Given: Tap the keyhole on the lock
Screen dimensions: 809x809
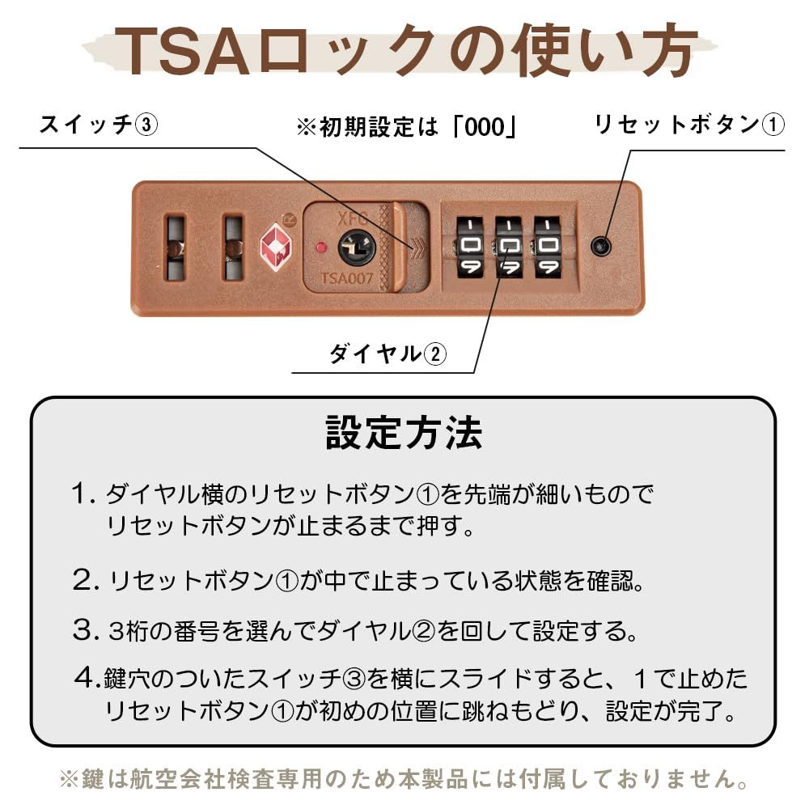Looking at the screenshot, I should click(353, 245).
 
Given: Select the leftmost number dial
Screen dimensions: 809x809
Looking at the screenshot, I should click(470, 246).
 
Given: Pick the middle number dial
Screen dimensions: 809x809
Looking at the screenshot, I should click(509, 246).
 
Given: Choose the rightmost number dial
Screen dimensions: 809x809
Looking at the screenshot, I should click(548, 246).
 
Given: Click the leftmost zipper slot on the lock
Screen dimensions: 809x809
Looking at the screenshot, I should click(175, 247).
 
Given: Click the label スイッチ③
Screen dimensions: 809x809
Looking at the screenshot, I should click(99, 126).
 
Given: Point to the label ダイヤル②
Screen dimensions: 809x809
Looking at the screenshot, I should click(387, 354).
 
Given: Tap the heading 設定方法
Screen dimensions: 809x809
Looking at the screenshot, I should click(404, 434).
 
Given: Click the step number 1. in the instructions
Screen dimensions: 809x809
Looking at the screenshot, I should click(84, 493).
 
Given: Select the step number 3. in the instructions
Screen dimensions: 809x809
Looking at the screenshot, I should click(85, 629).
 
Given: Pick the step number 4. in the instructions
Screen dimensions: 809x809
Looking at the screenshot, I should click(86, 676).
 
